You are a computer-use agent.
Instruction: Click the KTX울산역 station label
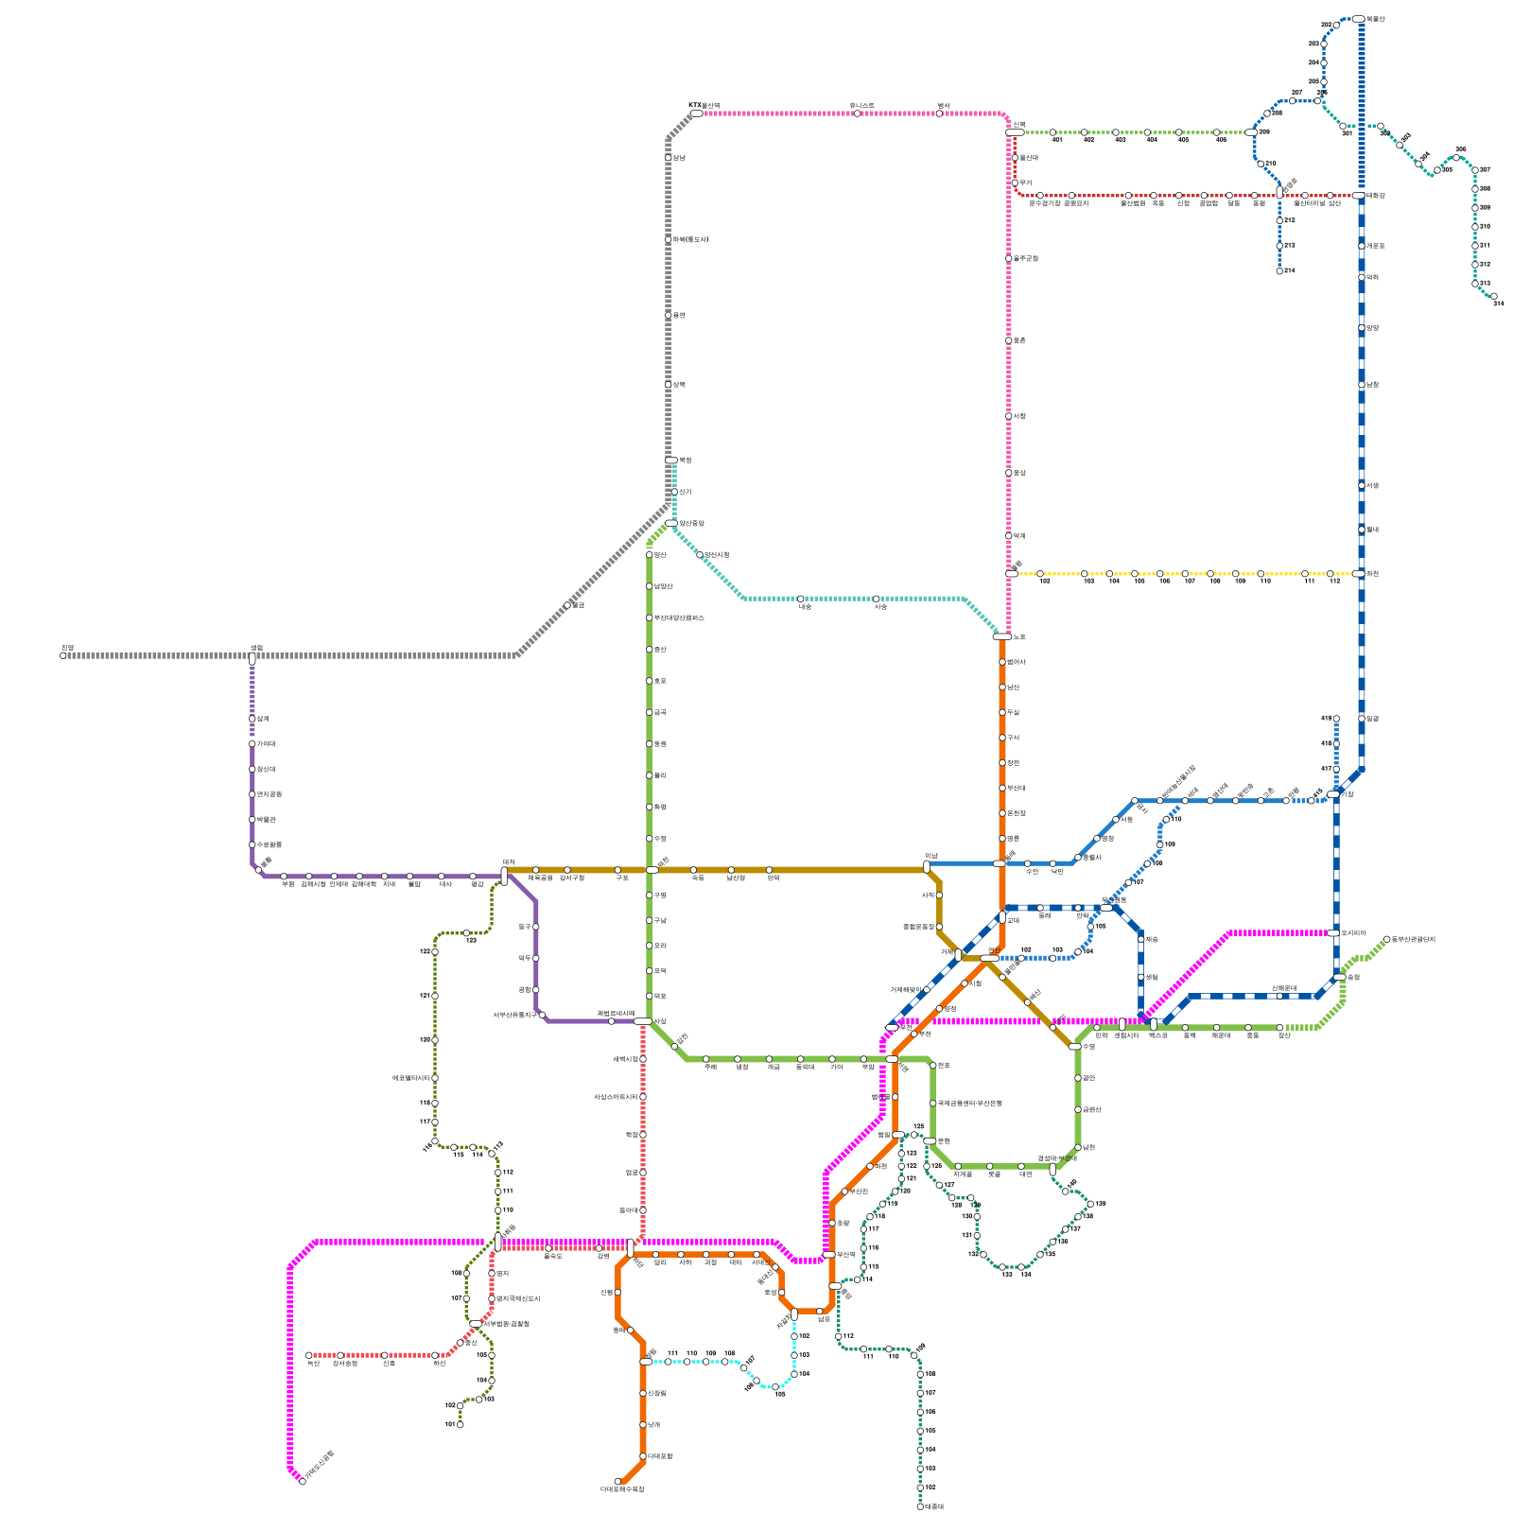click(x=704, y=106)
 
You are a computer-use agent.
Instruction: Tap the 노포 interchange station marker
click(x=1001, y=636)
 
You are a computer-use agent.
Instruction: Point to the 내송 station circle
click(x=801, y=599)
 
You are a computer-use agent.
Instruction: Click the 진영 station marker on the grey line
click(x=63, y=655)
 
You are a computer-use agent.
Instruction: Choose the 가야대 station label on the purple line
click(x=264, y=744)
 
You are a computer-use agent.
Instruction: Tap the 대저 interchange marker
click(x=504, y=877)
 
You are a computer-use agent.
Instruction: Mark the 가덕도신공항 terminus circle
click(x=303, y=1481)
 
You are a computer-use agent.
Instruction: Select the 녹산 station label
click(x=314, y=1364)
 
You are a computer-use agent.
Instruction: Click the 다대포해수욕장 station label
click(x=622, y=1489)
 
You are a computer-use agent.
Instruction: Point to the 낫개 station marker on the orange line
click(x=643, y=1425)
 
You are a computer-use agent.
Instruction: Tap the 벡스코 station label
click(x=1158, y=1035)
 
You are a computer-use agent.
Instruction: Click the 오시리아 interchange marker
click(x=1333, y=933)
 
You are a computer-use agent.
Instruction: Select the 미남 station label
click(x=931, y=856)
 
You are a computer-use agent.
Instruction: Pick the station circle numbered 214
click(x=1279, y=271)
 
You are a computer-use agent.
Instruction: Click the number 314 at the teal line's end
click(x=1498, y=304)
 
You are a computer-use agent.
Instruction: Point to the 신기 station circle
click(x=674, y=492)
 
